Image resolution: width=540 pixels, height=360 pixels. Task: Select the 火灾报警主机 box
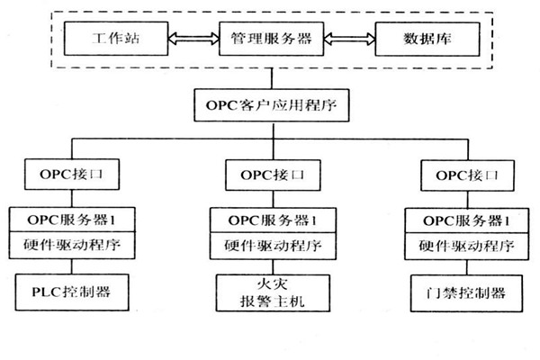[269, 293]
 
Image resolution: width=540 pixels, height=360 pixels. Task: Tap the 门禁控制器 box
[463, 292]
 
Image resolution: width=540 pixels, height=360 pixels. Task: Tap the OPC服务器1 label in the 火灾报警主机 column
[269, 219]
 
